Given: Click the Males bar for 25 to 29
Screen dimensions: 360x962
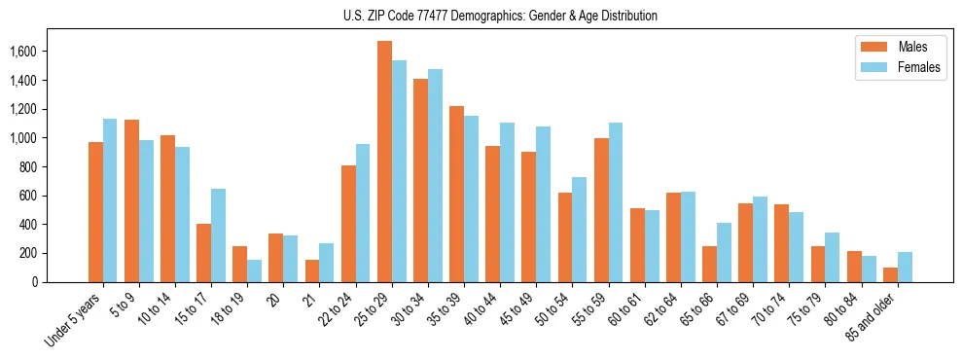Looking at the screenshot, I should click(384, 162).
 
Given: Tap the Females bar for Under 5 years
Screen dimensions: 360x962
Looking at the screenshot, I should click(110, 200).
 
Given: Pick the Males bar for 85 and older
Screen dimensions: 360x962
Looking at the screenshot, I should click(890, 274).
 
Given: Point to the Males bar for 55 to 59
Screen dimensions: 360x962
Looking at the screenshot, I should click(601, 210).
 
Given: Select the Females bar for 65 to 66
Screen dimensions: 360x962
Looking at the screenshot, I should click(724, 252).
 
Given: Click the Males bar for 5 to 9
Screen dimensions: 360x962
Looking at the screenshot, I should click(131, 200).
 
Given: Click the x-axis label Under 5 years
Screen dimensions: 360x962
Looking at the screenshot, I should click(74, 320).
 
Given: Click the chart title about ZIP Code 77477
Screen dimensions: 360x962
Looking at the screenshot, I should click(500, 16).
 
